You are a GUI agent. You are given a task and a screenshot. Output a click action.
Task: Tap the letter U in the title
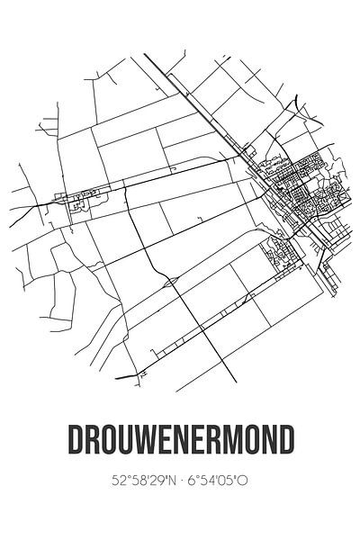click(128, 442)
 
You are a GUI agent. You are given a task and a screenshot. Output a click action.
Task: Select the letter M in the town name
click(234, 442)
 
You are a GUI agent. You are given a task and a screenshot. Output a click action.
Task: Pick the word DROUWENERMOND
click(180, 442)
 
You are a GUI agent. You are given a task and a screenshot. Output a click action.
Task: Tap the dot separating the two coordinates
click(180, 481)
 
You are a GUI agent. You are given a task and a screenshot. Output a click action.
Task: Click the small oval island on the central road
click(169, 282)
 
